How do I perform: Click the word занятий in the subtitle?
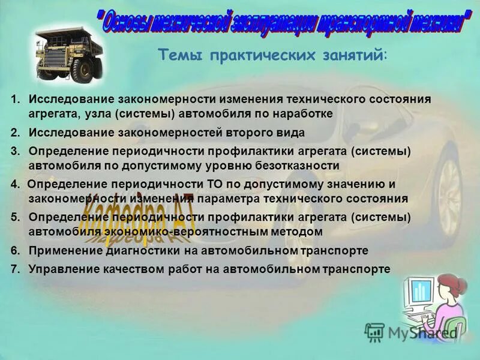[355, 55]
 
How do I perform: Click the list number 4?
[14, 184]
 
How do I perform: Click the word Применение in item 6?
[61, 250]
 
